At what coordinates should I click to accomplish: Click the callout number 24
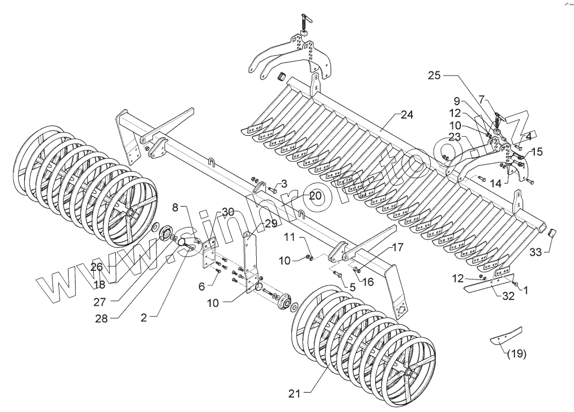tap(407, 115)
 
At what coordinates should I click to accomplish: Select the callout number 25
tap(434, 76)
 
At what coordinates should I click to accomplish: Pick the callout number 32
tap(508, 296)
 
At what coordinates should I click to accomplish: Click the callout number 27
tap(100, 302)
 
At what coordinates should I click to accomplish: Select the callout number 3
tap(284, 183)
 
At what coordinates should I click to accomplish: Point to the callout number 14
tap(495, 183)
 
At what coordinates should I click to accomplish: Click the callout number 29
tap(271, 223)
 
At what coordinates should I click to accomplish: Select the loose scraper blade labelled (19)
tap(506, 335)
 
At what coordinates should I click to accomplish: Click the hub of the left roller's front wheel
tap(131, 214)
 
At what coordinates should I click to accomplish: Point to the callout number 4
tap(528, 136)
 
